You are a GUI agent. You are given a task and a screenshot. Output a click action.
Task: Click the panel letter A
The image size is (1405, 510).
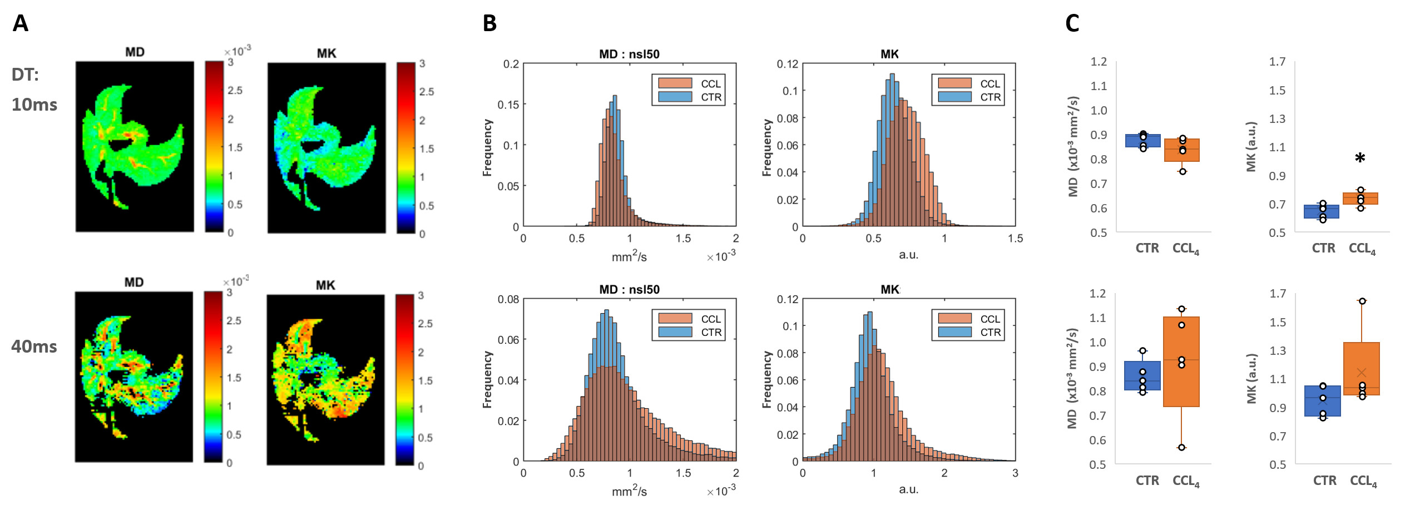(x=21, y=23)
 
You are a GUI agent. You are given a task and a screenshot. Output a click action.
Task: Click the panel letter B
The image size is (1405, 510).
(x=489, y=23)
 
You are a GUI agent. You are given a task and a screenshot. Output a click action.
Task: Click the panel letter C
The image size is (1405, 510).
(x=1072, y=23)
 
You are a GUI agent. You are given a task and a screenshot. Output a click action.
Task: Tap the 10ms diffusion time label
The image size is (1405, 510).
(x=34, y=105)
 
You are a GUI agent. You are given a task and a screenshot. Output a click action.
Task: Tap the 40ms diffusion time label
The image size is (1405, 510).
(x=34, y=346)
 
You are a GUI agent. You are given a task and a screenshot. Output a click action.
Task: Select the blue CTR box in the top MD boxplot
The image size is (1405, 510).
(x=1142, y=141)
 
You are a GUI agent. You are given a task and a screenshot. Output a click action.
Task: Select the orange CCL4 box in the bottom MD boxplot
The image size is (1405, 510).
(x=1181, y=362)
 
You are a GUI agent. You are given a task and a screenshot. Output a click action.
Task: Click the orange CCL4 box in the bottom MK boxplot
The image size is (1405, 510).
(x=1361, y=369)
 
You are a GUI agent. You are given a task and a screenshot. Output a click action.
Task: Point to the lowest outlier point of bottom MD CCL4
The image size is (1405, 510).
(x=1181, y=447)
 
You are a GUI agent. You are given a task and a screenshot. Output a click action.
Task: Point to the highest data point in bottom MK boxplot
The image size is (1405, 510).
(x=1362, y=301)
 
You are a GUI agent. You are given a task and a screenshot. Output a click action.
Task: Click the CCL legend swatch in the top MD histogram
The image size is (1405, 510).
(x=675, y=83)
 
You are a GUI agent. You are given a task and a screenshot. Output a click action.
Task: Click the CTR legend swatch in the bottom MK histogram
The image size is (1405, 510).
(x=954, y=332)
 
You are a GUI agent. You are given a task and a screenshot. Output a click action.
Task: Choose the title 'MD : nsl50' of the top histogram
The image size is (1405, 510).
(x=629, y=54)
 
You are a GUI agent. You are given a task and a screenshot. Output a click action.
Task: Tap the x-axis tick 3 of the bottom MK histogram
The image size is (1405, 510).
(x=1015, y=473)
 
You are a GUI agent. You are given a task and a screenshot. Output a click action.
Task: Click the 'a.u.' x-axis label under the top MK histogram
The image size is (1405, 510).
(x=908, y=255)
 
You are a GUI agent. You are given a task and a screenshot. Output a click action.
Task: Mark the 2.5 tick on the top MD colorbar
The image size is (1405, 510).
(x=235, y=90)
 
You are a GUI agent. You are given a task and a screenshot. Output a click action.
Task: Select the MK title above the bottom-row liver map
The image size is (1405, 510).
(x=325, y=285)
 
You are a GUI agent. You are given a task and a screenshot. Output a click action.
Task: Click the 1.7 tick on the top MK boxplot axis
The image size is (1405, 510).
(x=1277, y=61)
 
